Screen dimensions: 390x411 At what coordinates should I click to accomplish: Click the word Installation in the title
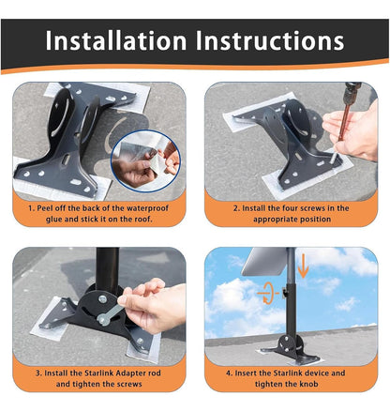point(116,40)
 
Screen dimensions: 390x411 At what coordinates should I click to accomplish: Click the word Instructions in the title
point(270,40)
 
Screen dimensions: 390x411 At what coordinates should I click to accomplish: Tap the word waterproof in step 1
point(144,208)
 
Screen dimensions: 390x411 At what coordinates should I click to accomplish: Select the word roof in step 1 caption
point(142,219)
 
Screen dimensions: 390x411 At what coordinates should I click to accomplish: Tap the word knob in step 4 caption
point(308,384)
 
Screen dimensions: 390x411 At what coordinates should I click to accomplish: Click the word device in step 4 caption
point(316,373)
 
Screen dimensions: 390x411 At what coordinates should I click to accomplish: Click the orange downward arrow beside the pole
point(303,266)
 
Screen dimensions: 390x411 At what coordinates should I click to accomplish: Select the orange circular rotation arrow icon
point(268,293)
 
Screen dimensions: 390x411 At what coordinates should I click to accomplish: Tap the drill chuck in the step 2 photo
point(352,93)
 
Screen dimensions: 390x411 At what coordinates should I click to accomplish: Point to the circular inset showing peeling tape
point(146,161)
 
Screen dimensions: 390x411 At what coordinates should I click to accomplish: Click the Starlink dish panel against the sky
point(266,261)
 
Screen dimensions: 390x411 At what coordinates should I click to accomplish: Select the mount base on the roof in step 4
point(292,349)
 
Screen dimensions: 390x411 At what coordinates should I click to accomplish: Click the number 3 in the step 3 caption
point(38,373)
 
